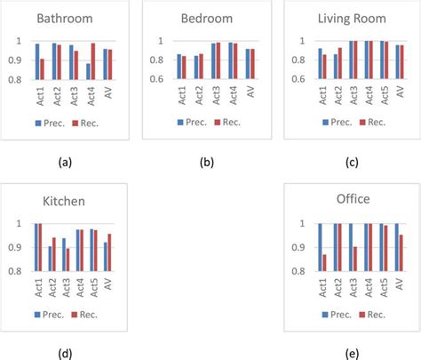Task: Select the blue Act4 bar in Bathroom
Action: point(88,71)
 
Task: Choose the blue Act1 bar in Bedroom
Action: point(179,67)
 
